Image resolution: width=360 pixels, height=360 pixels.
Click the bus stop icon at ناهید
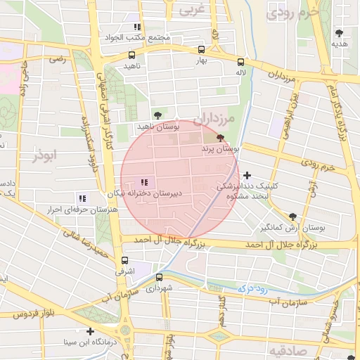click(131, 55)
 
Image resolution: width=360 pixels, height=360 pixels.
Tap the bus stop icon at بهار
click(202, 50)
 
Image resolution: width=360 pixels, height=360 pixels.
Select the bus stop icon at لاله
click(241, 62)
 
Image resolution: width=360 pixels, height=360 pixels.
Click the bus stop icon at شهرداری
click(160, 277)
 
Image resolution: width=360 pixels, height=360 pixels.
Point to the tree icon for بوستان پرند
click(221, 139)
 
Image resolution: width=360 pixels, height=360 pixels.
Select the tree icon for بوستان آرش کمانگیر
click(292, 217)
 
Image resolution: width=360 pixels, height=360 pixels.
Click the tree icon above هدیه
click(340, 33)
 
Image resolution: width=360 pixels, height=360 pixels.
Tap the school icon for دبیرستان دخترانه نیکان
click(145, 183)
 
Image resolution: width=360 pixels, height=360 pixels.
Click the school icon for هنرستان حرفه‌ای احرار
click(82, 199)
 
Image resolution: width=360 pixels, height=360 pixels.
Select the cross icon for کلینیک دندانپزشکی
click(247, 175)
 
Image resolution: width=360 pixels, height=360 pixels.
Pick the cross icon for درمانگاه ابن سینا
click(89, 331)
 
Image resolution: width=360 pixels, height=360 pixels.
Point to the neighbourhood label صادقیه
click(286, 349)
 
